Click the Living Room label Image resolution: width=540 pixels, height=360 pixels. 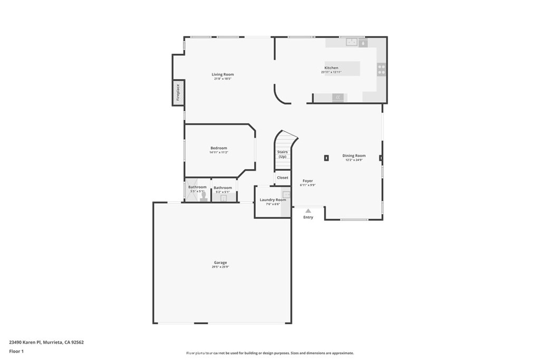(223, 74)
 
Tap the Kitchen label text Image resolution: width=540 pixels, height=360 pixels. (331, 68)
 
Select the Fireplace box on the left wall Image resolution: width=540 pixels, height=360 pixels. (178, 92)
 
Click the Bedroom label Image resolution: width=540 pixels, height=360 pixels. (219, 148)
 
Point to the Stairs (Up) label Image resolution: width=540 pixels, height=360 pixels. (283, 154)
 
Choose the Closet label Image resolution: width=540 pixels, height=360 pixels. (283, 178)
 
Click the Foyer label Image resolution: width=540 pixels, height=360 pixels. (307, 181)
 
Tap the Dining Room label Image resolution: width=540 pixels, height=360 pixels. (354, 155)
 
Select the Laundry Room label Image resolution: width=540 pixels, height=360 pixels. (273, 200)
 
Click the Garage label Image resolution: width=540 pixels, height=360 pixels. (220, 262)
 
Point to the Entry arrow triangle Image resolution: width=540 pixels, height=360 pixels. (308, 211)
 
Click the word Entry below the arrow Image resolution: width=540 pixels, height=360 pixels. (308, 217)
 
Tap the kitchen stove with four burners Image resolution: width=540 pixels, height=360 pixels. (381, 70)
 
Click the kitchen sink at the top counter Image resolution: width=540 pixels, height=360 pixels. (352, 43)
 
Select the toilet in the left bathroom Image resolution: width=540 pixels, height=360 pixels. (204, 197)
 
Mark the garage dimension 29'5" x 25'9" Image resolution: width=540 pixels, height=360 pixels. (220, 267)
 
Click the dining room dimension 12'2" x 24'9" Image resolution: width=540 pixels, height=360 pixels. (354, 160)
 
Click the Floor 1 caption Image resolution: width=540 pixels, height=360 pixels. (16, 351)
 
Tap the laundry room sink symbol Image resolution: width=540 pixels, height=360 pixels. (286, 194)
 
